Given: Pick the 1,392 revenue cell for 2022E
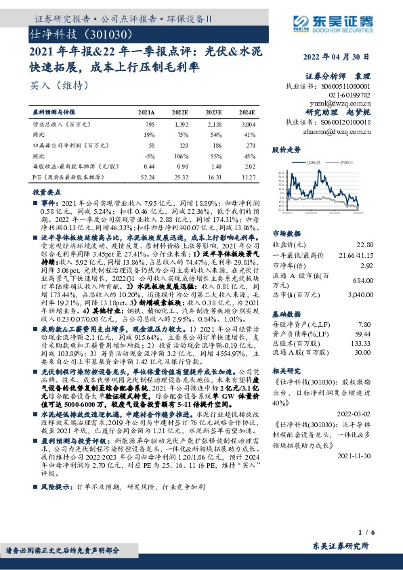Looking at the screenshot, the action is (x=180, y=125).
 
